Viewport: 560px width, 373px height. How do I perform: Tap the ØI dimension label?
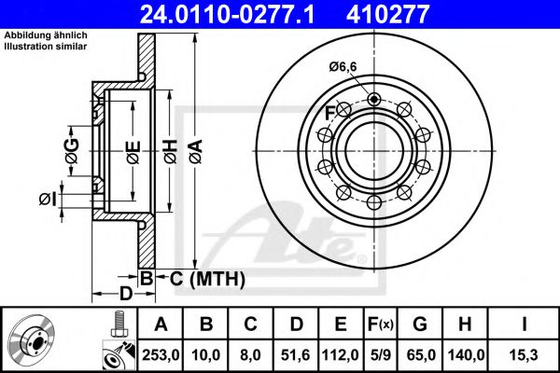tap(49, 198)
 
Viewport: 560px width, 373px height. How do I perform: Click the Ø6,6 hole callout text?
tap(343, 66)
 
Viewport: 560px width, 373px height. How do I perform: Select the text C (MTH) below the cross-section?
tap(206, 278)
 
